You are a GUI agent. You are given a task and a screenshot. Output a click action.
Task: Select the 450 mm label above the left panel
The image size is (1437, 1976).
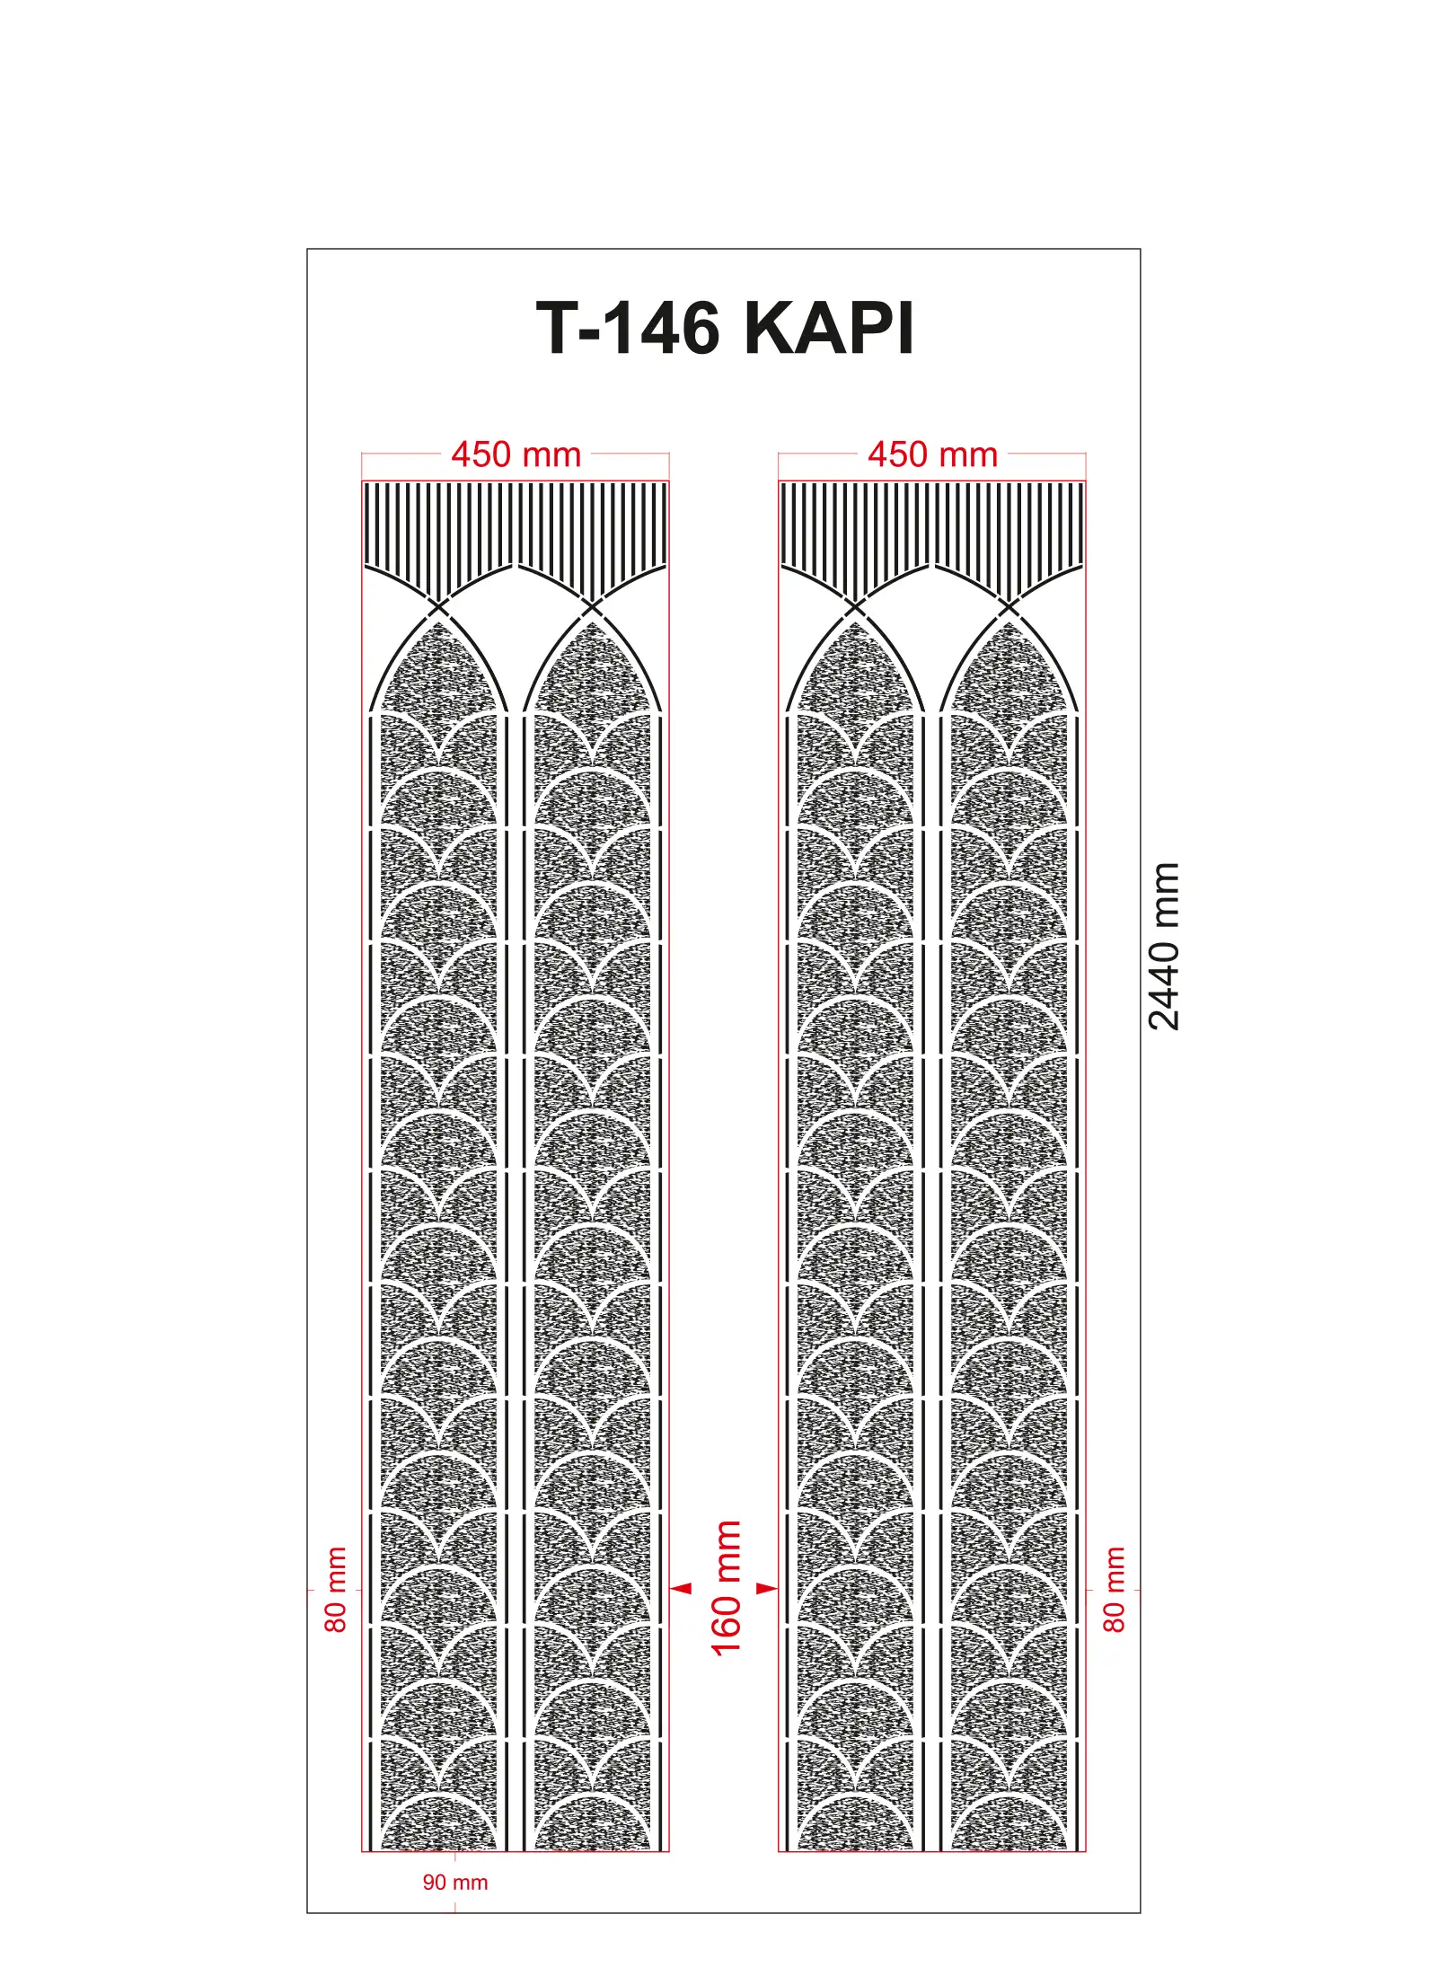click(x=516, y=454)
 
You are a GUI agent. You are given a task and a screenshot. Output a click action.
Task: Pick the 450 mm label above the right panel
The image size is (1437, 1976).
click(x=932, y=454)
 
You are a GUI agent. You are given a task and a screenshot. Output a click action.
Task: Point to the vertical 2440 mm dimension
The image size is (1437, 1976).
click(x=1164, y=946)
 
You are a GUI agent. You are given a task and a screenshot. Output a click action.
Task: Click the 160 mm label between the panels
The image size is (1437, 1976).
click(x=726, y=1587)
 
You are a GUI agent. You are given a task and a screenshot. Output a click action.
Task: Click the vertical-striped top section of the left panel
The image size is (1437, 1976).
click(x=516, y=530)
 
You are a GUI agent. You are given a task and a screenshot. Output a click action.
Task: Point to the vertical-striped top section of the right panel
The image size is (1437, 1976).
click(x=932, y=530)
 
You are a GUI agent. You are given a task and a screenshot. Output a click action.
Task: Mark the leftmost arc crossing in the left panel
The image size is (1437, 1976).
click(x=438, y=607)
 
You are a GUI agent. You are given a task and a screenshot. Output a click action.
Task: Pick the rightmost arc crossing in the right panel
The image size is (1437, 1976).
click(x=1009, y=607)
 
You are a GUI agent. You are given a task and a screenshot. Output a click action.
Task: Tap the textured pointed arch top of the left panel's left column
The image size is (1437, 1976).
click(x=438, y=669)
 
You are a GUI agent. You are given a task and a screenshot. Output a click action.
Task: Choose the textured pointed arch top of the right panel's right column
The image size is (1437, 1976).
click(x=1009, y=669)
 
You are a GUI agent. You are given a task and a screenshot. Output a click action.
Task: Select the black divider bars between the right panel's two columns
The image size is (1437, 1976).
click(x=932, y=1284)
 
